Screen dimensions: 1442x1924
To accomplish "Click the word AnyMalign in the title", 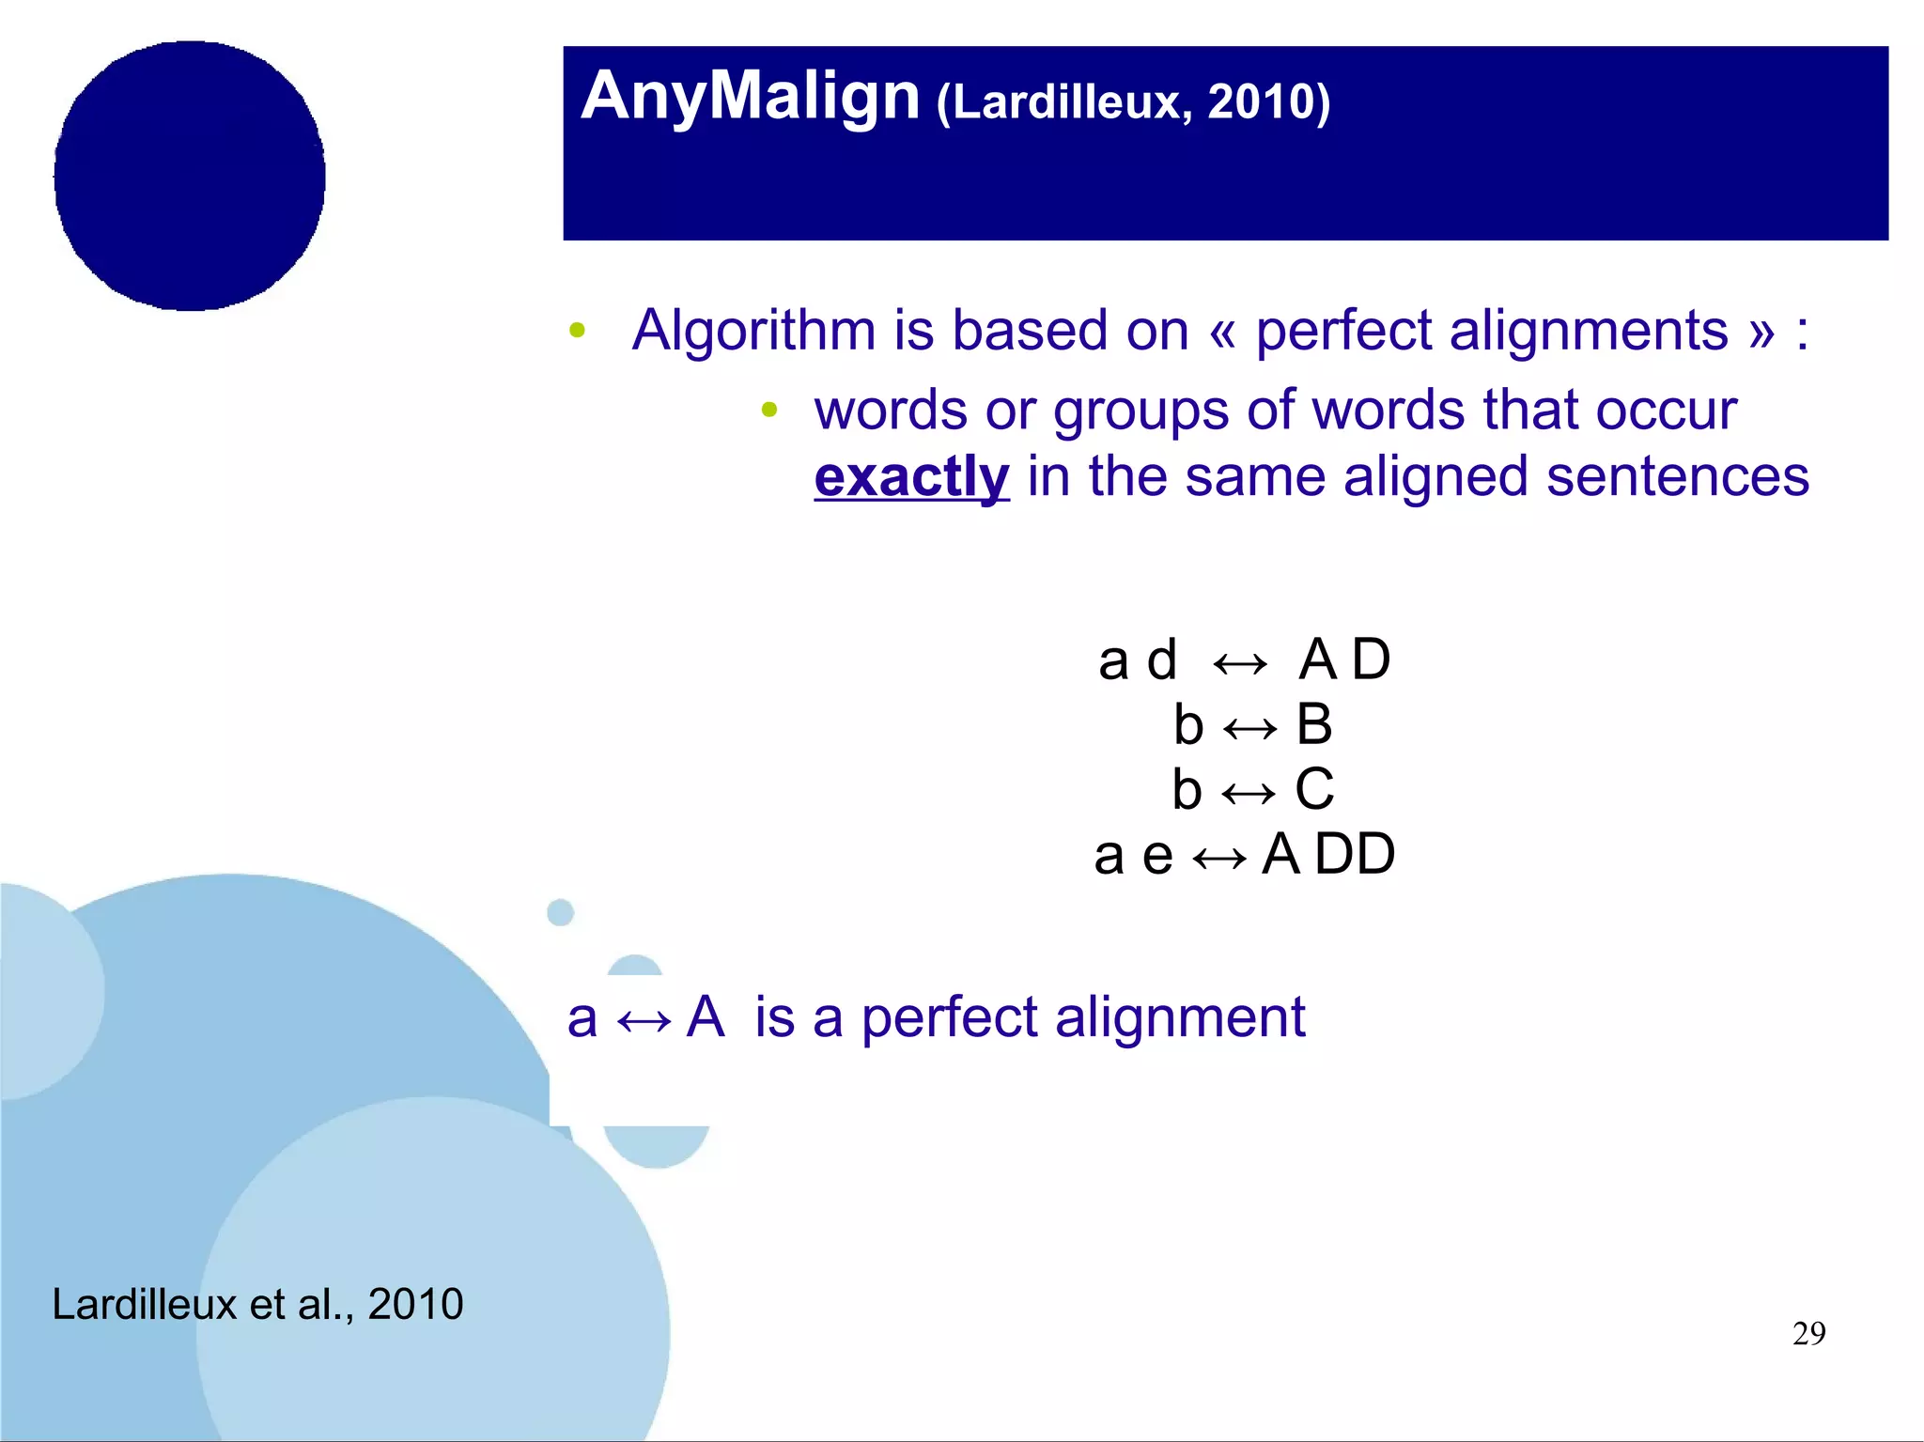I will [x=750, y=97].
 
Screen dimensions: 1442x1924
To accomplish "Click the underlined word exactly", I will [x=910, y=476].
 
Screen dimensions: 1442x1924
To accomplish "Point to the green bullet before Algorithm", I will [x=577, y=331].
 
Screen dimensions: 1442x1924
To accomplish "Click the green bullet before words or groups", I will [x=769, y=409].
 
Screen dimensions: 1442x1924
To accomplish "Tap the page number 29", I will [x=1808, y=1333].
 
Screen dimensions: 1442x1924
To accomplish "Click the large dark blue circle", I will [x=190, y=176].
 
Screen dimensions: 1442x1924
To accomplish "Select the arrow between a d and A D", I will [x=1239, y=663].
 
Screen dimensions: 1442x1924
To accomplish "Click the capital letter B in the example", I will [x=1314, y=725].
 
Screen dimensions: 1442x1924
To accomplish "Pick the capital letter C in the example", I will [x=1314, y=789].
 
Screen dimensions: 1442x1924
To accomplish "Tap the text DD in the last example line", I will [x=1355, y=855].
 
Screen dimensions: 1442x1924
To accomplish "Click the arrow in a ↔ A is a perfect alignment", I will [x=644, y=1020].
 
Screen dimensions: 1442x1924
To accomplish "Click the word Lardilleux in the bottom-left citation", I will [x=144, y=1304].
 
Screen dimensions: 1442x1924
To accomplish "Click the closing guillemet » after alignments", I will [x=1761, y=333].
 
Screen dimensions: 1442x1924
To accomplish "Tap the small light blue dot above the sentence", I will [x=560, y=912].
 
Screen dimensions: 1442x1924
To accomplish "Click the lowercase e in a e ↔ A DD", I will [x=1157, y=857].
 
